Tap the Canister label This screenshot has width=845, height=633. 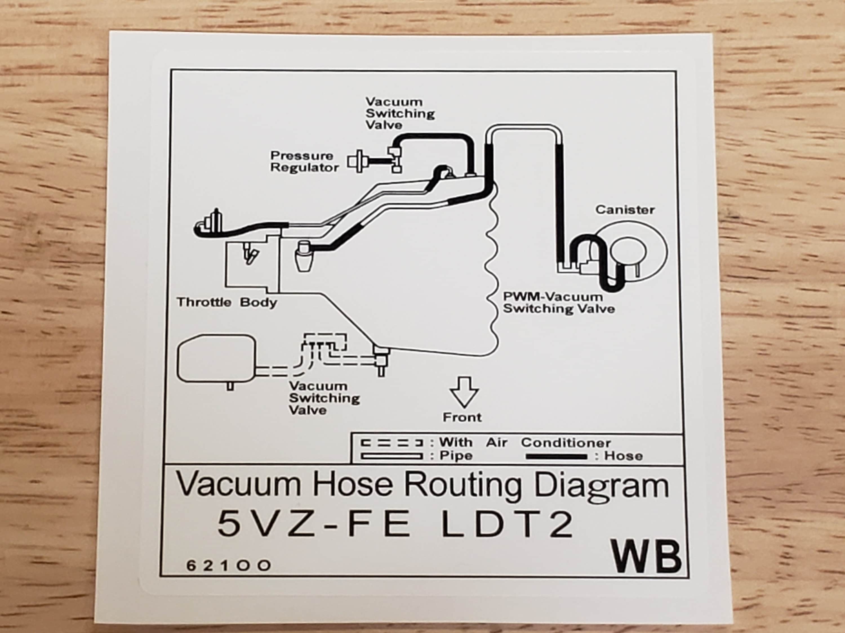pos(625,210)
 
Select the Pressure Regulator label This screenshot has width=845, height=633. pos(304,161)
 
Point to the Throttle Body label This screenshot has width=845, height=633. pos(226,302)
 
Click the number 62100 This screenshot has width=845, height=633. pos(228,565)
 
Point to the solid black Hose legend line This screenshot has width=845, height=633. pos(557,457)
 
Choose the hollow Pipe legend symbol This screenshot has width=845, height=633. pos(392,456)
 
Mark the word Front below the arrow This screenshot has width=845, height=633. pos(462,417)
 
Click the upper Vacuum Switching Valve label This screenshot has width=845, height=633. pos(400,113)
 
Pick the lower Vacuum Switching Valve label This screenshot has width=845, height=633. pos(324,398)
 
